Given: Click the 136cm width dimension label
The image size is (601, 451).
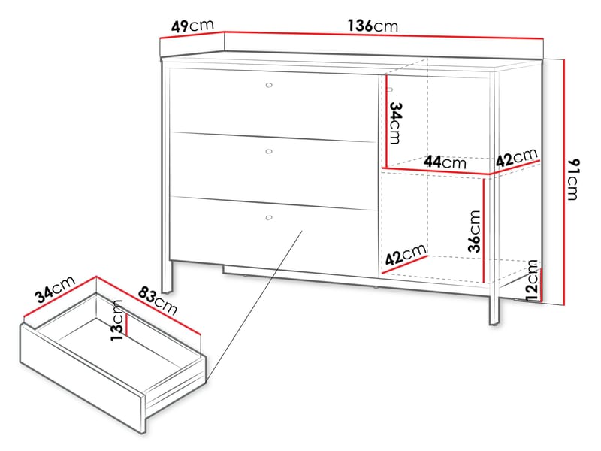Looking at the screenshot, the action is [373, 26].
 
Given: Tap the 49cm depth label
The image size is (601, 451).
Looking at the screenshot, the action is [192, 26].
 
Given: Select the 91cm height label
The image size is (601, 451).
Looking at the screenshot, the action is [573, 179].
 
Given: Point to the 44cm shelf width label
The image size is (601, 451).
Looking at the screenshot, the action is [445, 162].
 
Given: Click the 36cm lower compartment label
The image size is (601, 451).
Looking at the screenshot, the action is [474, 231].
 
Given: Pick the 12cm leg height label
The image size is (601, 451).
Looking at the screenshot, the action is [532, 280].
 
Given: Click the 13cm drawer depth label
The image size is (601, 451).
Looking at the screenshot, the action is [117, 320].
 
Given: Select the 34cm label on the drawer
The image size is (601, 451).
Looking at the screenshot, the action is [55, 289].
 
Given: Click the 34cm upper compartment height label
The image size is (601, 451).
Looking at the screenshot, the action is [395, 123].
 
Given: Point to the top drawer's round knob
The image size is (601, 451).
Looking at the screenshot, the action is [269, 85].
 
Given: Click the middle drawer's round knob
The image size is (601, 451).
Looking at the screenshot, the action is [269, 152].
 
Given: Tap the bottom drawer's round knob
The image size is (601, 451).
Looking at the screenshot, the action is [269, 218].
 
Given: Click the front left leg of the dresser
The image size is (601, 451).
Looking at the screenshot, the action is [167, 277].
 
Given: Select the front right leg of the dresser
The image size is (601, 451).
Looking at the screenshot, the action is [495, 306].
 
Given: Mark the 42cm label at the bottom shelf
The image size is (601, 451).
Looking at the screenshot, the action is [406, 255].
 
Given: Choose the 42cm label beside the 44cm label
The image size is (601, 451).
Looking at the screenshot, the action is [517, 157].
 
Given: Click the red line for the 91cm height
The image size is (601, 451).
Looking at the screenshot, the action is [564, 182].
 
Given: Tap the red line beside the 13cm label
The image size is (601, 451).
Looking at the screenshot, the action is [126, 325].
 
